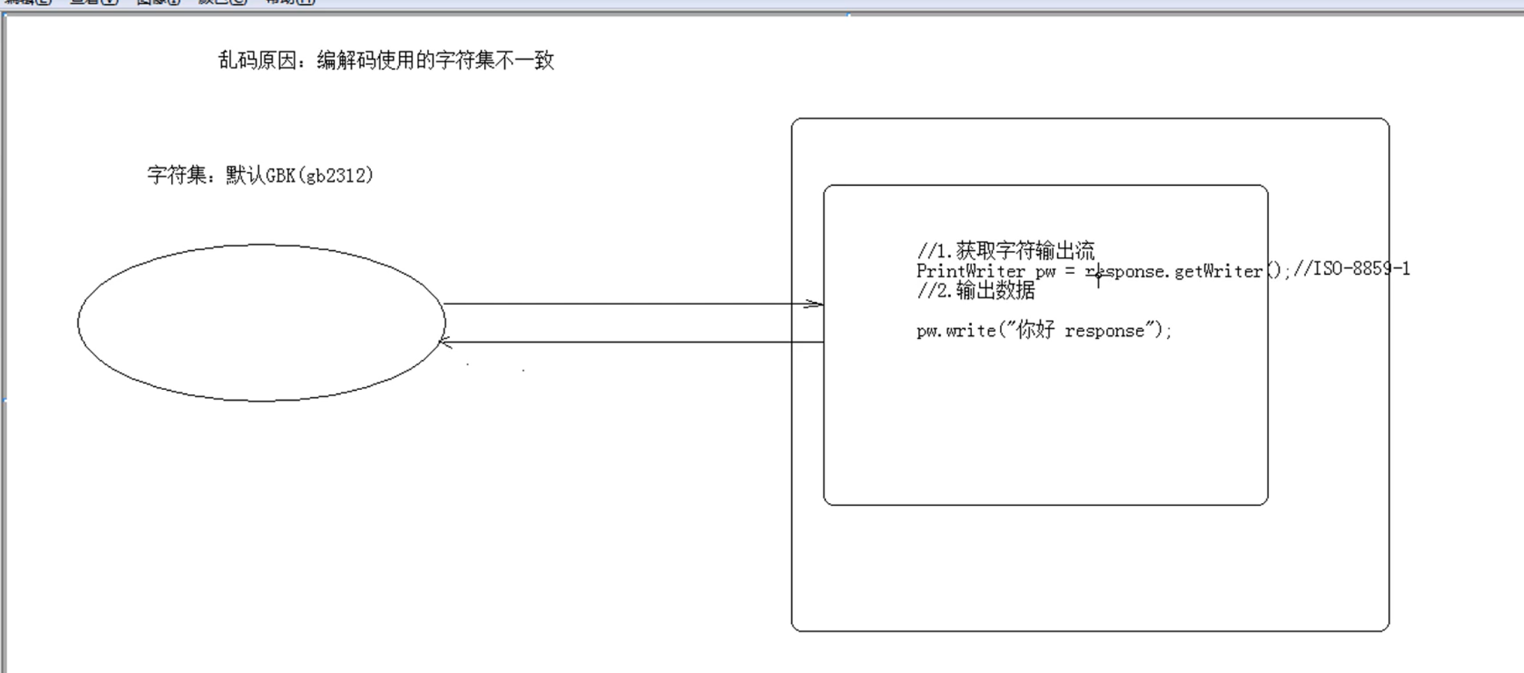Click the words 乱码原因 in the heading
pyautogui.click(x=257, y=61)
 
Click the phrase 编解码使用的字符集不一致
pyautogui.click(x=435, y=61)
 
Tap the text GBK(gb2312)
pyautogui.click(x=320, y=175)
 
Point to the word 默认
pyautogui.click(x=245, y=175)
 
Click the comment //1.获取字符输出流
pyautogui.click(x=1006, y=250)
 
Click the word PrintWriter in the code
pyautogui.click(x=971, y=271)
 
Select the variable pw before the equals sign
pyautogui.click(x=1045, y=272)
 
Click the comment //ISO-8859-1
pyautogui.click(x=1351, y=269)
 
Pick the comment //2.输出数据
pyautogui.click(x=975, y=291)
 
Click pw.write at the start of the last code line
pyautogui.click(x=956, y=331)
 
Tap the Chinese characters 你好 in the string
pyautogui.click(x=1036, y=331)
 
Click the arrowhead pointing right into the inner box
pyautogui.click(x=815, y=304)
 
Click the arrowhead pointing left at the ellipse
pyautogui.click(x=444, y=342)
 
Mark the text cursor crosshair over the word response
pyautogui.click(x=1098, y=277)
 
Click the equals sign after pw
pyautogui.click(x=1070, y=271)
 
